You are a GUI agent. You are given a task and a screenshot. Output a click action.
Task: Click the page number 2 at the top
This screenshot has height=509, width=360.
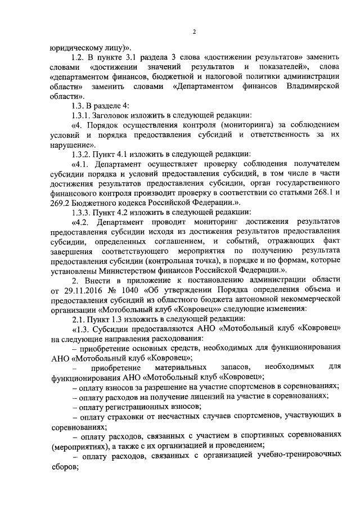coord(193,31)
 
